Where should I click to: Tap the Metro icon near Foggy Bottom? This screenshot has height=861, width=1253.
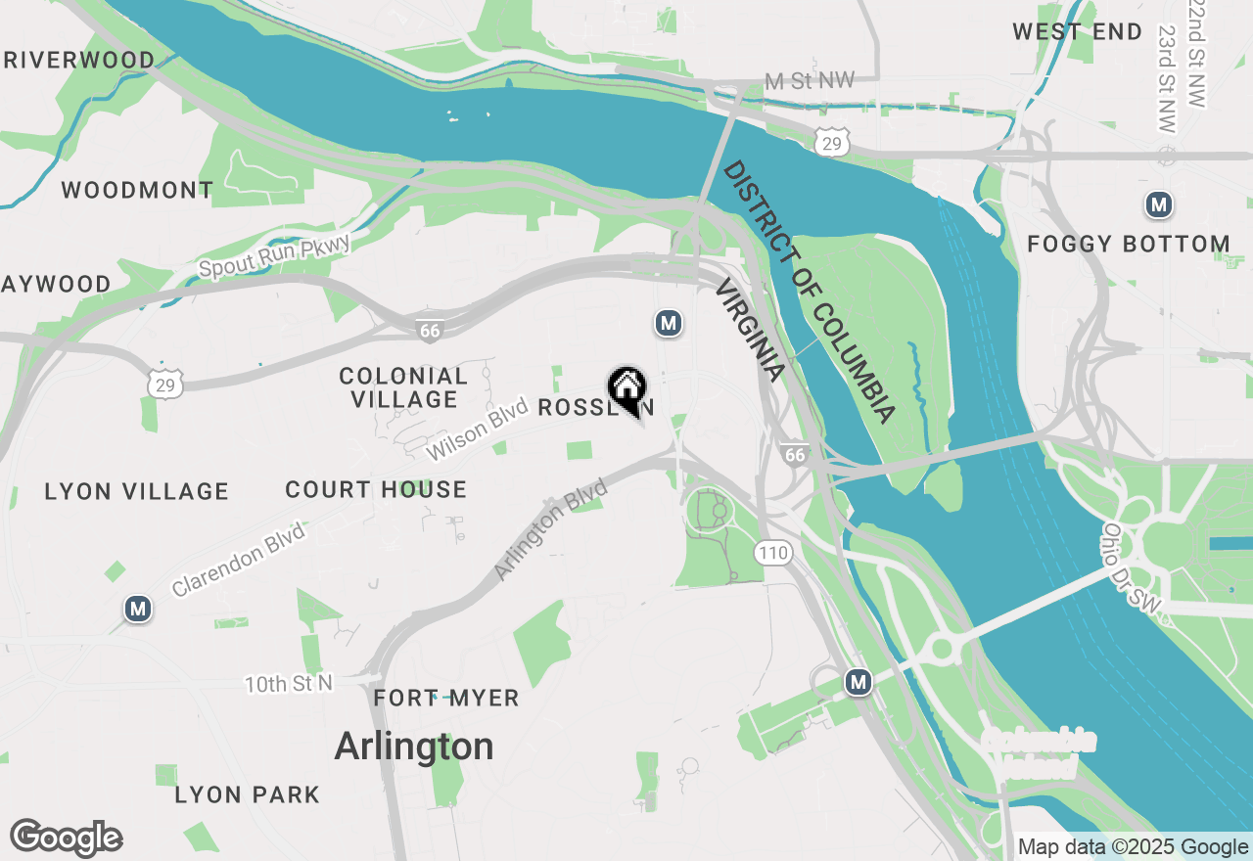(1159, 205)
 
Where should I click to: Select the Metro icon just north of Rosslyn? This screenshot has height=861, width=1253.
(668, 323)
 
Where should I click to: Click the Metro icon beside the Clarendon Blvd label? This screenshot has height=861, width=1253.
(138, 610)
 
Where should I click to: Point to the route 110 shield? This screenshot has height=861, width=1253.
(772, 553)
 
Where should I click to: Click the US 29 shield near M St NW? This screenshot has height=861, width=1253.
(831, 144)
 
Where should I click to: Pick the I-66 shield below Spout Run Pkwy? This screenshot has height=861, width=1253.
(430, 331)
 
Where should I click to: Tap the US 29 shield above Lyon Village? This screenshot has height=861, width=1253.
(165, 385)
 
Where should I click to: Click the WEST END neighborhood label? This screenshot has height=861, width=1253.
(1077, 32)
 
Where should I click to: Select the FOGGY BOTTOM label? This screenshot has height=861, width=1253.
(1129, 244)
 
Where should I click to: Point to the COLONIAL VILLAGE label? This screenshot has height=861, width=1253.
(403, 387)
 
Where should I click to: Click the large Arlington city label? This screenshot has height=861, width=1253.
(414, 747)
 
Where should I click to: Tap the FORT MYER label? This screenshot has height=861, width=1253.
(446, 699)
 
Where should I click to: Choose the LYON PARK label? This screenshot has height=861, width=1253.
(247, 794)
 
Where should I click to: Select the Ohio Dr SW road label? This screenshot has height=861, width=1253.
(1132, 569)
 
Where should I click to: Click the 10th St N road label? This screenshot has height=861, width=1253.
(289, 683)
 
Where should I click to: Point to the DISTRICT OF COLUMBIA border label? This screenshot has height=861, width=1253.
(809, 293)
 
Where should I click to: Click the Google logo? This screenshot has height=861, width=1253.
(67, 838)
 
